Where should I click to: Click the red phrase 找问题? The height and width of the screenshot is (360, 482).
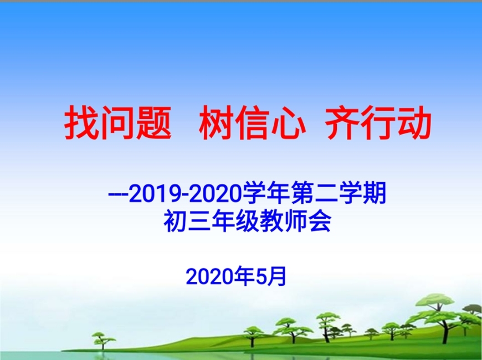pos(118,122)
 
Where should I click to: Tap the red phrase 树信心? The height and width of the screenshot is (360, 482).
pos(252,122)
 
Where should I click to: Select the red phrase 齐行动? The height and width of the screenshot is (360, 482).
pos(378,122)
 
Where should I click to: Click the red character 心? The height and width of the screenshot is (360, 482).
pos(288,123)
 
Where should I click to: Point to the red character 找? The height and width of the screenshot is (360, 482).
pos(82,122)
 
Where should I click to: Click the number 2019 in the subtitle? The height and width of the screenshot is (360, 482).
pos(155,194)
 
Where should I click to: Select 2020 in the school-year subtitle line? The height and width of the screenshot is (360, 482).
pos(214,194)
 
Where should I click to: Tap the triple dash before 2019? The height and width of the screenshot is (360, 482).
pos(119,195)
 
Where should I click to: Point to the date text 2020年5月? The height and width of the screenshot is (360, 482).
pos(236,276)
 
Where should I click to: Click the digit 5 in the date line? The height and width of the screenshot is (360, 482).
pos(261,277)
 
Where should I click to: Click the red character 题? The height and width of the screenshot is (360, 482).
pos(153,122)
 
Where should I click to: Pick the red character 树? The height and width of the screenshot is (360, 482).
pos(217,122)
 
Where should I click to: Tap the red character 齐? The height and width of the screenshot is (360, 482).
pos(342,122)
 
